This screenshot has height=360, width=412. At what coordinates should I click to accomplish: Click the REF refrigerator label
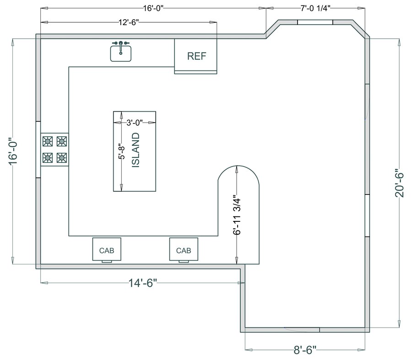(x=196, y=56)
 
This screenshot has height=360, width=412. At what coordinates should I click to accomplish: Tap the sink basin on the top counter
(x=120, y=54)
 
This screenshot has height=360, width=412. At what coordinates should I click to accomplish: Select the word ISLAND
(x=136, y=150)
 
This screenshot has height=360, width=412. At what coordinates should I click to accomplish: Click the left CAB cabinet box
(x=107, y=249)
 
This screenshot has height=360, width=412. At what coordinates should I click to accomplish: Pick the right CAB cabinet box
(x=184, y=249)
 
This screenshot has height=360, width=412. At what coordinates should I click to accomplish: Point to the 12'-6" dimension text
(x=129, y=22)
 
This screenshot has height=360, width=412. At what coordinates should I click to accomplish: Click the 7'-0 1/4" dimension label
(x=315, y=8)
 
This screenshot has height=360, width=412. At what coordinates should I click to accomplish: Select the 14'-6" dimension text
(x=143, y=283)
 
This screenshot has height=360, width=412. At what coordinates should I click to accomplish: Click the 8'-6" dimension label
(x=305, y=350)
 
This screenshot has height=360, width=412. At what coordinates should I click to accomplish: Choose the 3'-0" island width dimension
(x=135, y=123)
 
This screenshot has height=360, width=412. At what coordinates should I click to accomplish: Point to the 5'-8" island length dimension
(x=122, y=151)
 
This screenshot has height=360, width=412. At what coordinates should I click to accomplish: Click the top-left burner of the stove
(x=48, y=141)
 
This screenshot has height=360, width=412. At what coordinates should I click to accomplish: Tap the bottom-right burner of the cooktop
(x=62, y=158)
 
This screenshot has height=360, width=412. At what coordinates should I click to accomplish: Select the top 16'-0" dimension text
(x=153, y=8)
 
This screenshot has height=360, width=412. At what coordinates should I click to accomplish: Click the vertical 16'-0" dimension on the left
(x=13, y=151)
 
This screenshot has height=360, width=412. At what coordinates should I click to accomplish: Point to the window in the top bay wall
(x=315, y=22)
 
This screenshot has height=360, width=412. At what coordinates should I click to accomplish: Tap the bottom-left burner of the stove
(x=48, y=158)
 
